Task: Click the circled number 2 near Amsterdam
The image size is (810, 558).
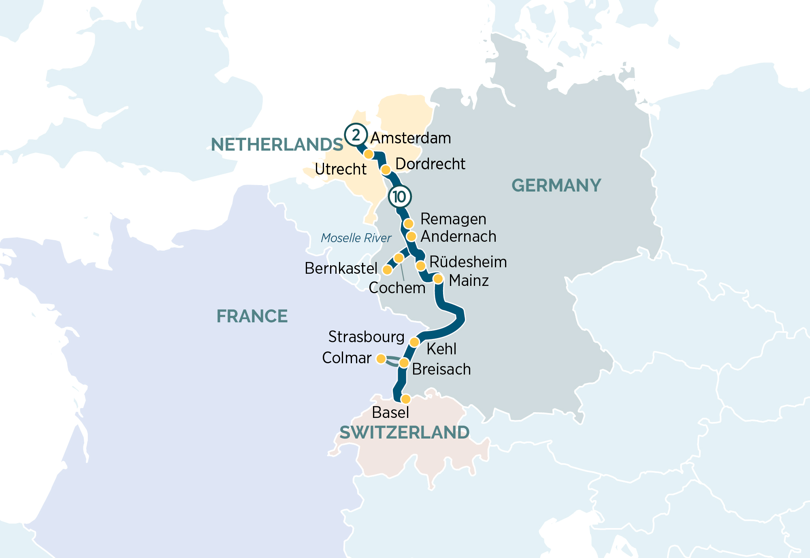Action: click(356, 134)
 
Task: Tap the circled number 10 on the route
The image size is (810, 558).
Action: click(400, 197)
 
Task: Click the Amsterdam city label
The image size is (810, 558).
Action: click(410, 138)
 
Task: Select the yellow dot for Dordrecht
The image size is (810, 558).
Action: click(386, 169)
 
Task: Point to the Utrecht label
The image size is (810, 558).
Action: click(341, 169)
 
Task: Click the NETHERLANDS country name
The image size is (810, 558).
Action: click(277, 145)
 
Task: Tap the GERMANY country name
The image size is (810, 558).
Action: click(556, 185)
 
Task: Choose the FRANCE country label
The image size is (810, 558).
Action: click(252, 316)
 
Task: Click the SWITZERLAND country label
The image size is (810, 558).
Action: click(404, 432)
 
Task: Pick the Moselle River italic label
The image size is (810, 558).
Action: click(356, 238)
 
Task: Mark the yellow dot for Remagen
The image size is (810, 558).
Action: click(409, 224)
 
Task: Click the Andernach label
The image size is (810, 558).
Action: click(458, 236)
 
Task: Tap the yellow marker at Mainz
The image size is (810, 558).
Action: click(438, 279)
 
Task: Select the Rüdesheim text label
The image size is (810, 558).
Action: click(468, 262)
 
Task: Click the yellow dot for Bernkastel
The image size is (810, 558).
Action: click(387, 270)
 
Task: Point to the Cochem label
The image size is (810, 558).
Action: click(397, 288)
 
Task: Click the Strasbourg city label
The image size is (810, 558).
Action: click(366, 337)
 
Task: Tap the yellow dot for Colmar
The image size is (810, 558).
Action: click(381, 359)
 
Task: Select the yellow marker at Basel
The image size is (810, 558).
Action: click(405, 399)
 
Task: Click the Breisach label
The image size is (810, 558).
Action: click(441, 369)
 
